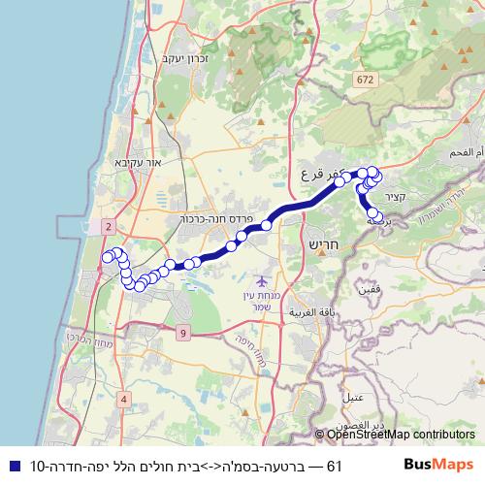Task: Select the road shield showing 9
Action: point(182,334)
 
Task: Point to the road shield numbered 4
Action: point(125,399)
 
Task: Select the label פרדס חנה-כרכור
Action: point(216,219)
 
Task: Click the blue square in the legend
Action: point(12,467)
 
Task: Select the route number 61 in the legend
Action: point(336,467)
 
